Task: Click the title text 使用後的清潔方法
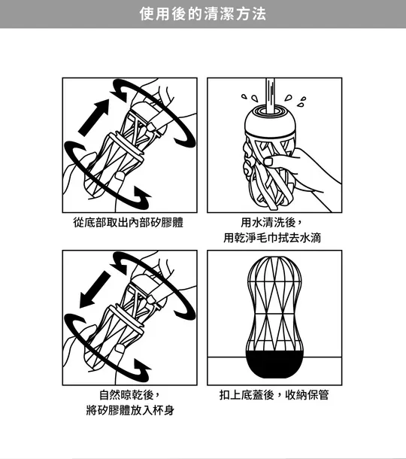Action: click(x=202, y=14)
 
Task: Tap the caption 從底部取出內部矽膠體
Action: click(x=129, y=223)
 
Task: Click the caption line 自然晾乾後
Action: click(x=129, y=395)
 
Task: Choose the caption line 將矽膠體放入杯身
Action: click(x=129, y=411)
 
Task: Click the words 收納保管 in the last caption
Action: click(x=308, y=395)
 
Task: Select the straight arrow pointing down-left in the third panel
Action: click(x=93, y=290)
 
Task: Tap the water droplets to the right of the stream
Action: click(x=298, y=99)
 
